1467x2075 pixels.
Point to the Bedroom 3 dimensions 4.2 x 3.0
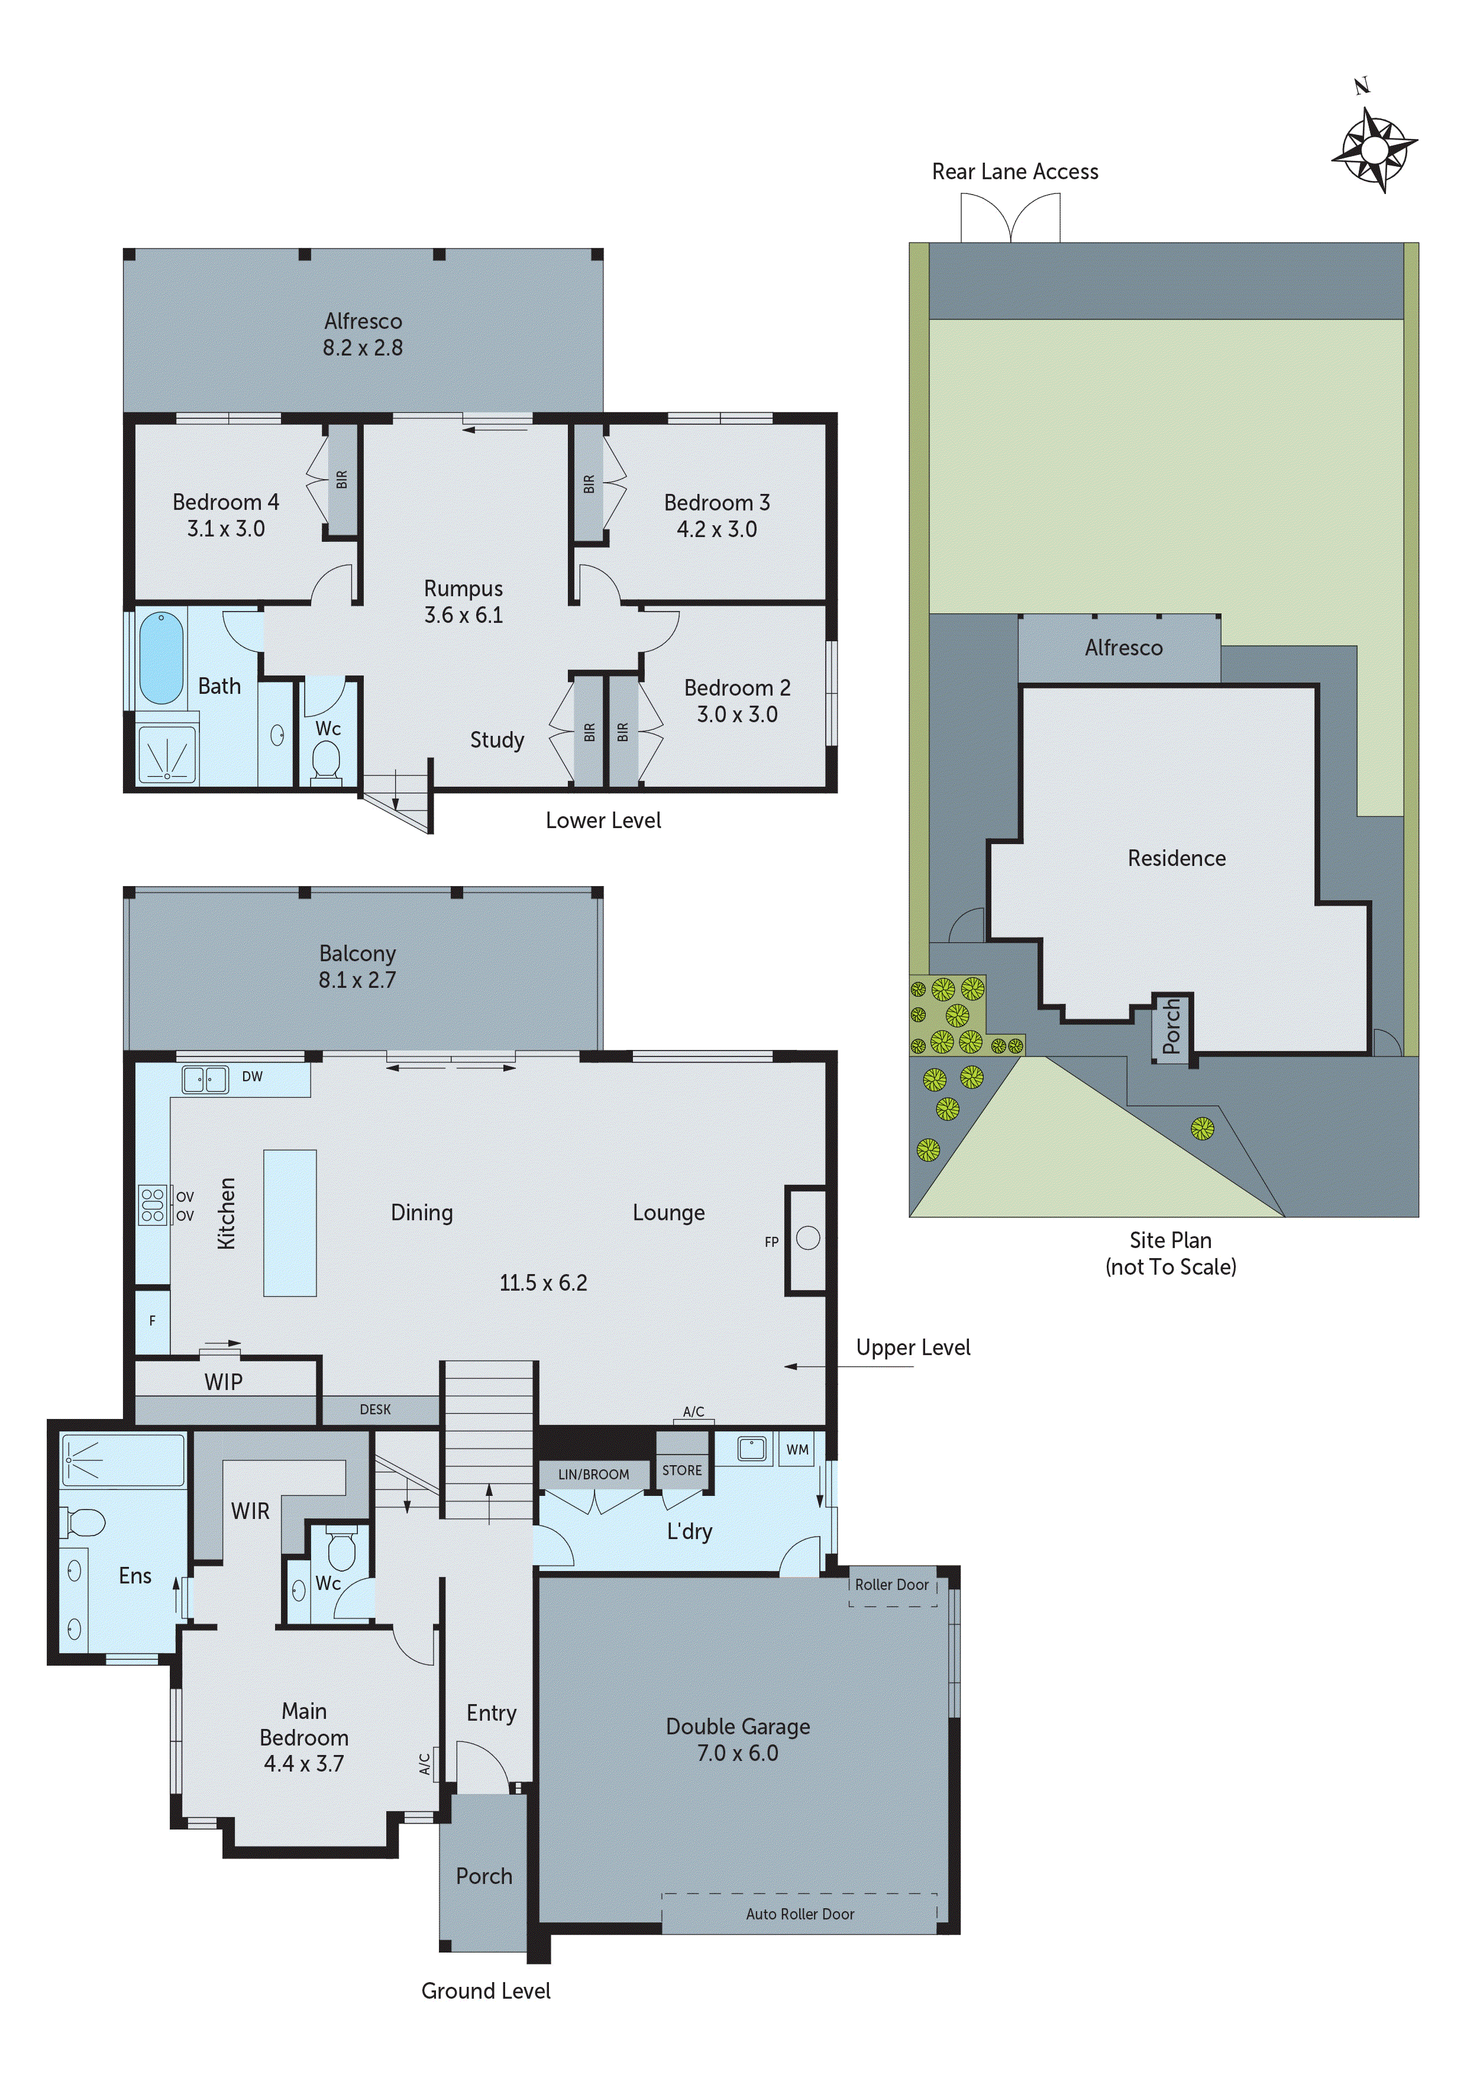click(x=717, y=529)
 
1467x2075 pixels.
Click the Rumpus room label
click(x=463, y=589)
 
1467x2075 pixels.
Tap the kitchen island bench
click(x=290, y=1223)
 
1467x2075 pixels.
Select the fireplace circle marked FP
click(x=808, y=1238)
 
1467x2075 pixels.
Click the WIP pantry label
click(x=223, y=1382)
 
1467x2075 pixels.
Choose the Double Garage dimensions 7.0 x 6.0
click(x=738, y=1753)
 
